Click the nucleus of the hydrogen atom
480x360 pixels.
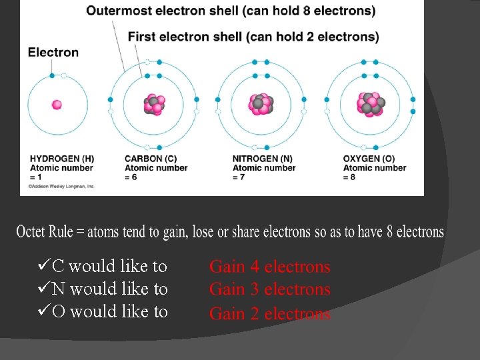click(57, 105)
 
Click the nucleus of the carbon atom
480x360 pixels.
click(155, 105)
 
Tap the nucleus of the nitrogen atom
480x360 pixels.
click(261, 104)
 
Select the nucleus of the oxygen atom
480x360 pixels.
click(370, 104)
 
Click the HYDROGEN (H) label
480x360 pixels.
click(61, 159)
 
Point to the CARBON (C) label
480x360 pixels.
click(151, 159)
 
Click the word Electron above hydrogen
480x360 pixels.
click(53, 52)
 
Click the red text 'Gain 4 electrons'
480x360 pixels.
click(269, 267)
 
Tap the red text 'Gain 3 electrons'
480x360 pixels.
click(269, 289)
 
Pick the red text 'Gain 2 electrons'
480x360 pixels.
click(269, 313)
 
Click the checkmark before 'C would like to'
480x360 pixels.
click(44, 266)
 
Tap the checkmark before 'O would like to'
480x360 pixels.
click(44, 311)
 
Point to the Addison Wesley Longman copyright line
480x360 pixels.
click(61, 187)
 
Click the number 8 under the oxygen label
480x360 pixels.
click(353, 177)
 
